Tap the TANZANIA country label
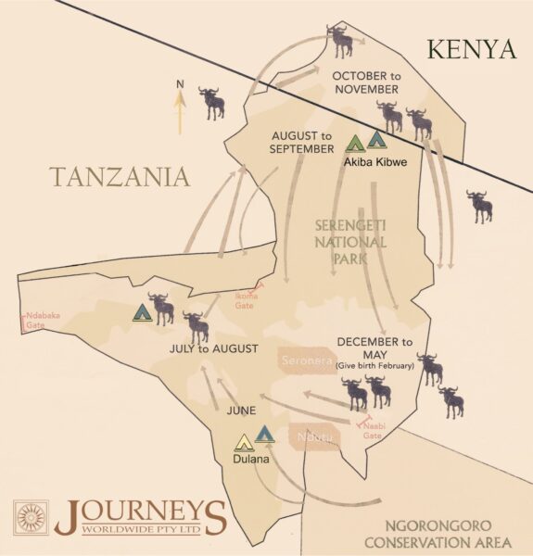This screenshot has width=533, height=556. [x=121, y=176]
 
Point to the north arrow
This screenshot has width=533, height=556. [x=179, y=107]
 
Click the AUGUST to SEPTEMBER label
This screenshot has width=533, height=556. [x=302, y=141]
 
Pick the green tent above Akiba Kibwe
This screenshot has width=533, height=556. [x=354, y=144]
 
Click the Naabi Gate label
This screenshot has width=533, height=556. [x=372, y=430]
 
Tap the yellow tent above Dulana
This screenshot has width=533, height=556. [x=244, y=441]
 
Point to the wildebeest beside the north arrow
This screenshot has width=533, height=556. [x=212, y=102]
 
